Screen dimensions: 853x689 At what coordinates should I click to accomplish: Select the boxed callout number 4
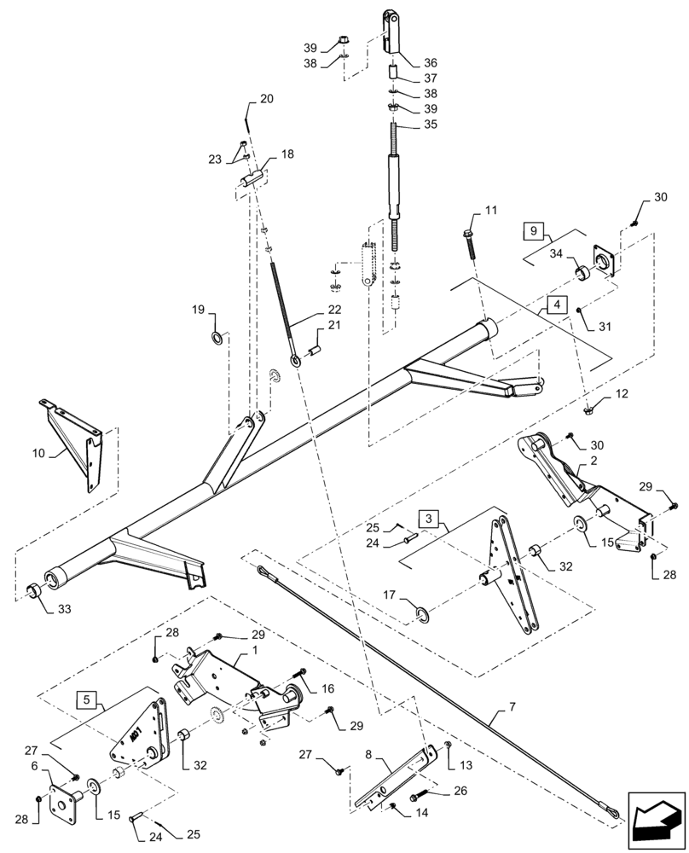click(555, 304)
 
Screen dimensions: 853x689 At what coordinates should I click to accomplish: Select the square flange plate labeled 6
click(66, 801)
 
